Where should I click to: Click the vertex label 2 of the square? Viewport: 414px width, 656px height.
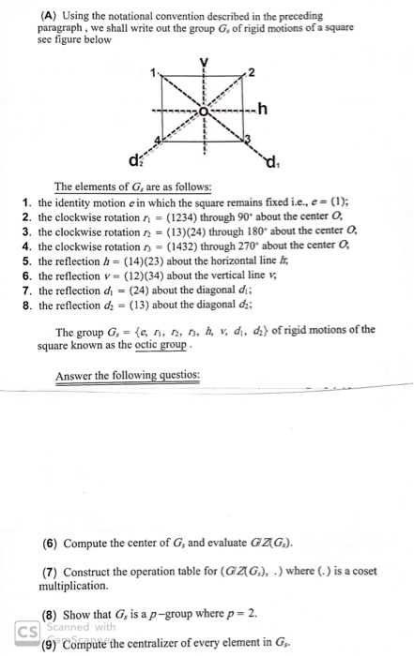(x=252, y=73)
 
